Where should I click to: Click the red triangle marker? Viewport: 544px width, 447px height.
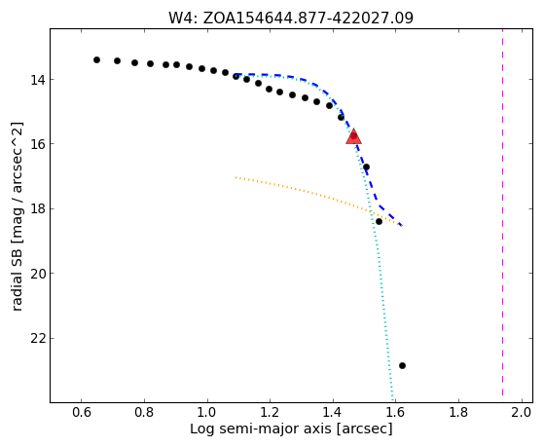coord(353,136)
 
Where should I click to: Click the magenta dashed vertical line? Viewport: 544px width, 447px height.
coord(502,216)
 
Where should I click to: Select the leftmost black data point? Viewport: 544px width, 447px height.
coord(96,59)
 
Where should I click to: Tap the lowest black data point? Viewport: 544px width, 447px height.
coord(402,365)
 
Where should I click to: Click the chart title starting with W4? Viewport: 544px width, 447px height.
coord(291,19)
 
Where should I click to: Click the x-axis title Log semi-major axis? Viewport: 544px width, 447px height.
coord(291,428)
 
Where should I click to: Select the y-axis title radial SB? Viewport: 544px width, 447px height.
coord(17,216)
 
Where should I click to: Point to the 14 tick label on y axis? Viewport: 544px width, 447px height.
coord(38,80)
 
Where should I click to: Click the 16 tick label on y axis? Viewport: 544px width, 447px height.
coord(38,144)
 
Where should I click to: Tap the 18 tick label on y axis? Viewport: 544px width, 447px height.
coord(38,209)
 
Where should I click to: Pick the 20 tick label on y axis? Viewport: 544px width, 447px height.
coord(38,274)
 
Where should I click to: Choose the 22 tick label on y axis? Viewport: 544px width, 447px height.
coord(38,338)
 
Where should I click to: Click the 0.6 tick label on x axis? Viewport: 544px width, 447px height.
coord(81,412)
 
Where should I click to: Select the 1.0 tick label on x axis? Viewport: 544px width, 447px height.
coord(207,412)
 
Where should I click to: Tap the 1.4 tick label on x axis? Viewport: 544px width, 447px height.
coord(333,412)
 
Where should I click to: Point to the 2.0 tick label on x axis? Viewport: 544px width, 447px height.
coord(522,412)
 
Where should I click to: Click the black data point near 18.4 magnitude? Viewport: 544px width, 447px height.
coord(379,221)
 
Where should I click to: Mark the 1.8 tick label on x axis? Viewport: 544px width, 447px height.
coord(459,412)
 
